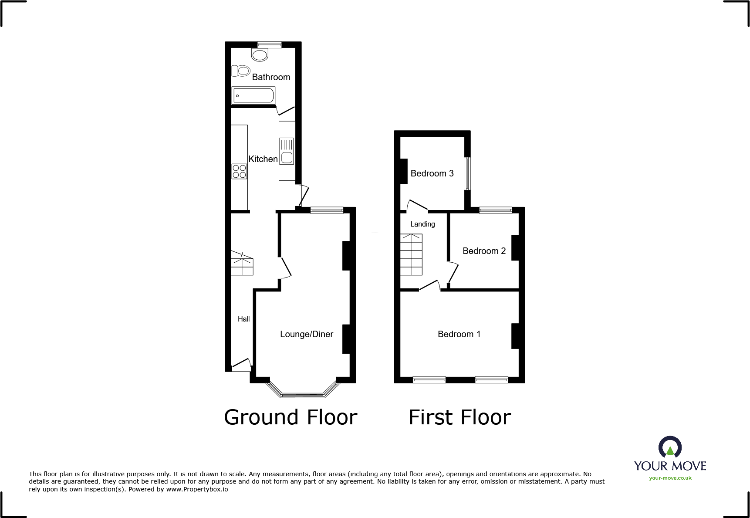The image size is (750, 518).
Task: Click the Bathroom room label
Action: pyautogui.click(x=271, y=77)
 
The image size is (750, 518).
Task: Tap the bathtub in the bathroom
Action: pyautogui.click(x=253, y=95)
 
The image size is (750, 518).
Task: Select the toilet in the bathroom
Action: pyautogui.click(x=241, y=71)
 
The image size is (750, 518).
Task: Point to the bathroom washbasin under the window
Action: pyautogui.click(x=260, y=55)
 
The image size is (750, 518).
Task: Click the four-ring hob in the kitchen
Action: pyautogui.click(x=239, y=171)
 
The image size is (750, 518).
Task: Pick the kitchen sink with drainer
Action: pyautogui.click(x=287, y=151)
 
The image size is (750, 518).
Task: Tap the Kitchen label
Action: pyautogui.click(x=263, y=159)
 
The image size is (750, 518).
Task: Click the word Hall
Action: pyautogui.click(x=243, y=319)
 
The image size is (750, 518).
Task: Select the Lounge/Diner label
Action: pyautogui.click(x=306, y=334)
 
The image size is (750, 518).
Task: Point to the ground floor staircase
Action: pyautogui.click(x=242, y=263)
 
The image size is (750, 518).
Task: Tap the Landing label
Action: pyautogui.click(x=422, y=224)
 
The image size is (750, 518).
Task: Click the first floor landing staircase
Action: pyautogui.click(x=411, y=254)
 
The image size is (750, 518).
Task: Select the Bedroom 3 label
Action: pyautogui.click(x=432, y=173)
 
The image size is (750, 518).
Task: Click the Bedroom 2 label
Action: pyautogui.click(x=484, y=251)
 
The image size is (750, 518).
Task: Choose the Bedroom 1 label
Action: pyautogui.click(x=459, y=334)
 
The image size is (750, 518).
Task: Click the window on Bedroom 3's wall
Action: pyautogui.click(x=467, y=173)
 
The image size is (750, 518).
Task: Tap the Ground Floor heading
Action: pyautogui.click(x=291, y=417)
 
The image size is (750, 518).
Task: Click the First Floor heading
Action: pyautogui.click(x=459, y=417)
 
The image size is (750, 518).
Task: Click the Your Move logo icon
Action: pyautogui.click(x=670, y=447)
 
